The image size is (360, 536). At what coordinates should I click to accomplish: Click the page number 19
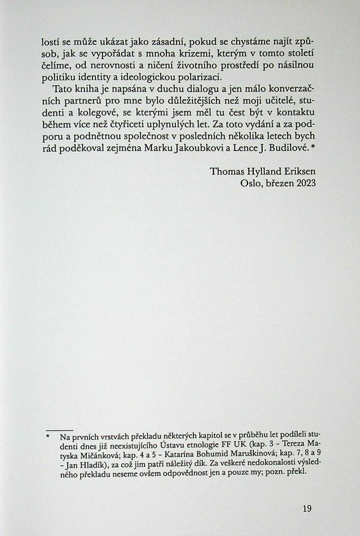(x=307, y=508)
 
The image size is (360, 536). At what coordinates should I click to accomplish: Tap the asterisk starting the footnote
(x=48, y=437)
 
